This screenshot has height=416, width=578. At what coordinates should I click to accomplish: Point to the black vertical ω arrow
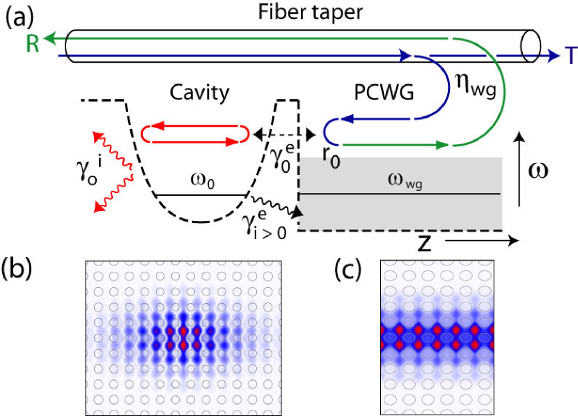tap(518, 167)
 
